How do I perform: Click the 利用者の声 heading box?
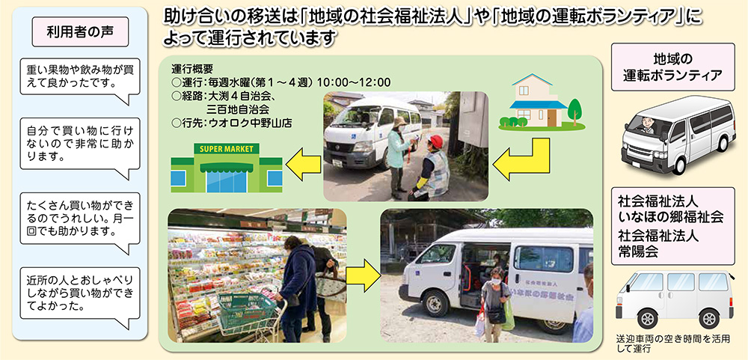(x=80, y=32)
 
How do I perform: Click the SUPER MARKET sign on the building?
(x=227, y=149)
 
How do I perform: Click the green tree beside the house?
(x=574, y=110)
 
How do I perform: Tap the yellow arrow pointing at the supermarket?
(x=304, y=164)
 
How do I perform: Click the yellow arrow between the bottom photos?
(x=364, y=275)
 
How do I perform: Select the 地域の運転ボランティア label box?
(x=672, y=67)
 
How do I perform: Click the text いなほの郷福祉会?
(x=671, y=217)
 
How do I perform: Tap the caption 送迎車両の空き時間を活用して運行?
(x=672, y=344)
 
